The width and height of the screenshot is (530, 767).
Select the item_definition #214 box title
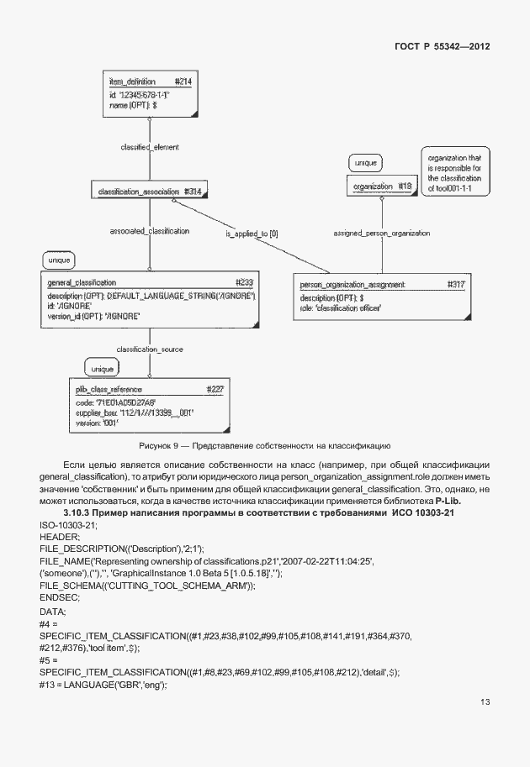pyautogui.click(x=150, y=81)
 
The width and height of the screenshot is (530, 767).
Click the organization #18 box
pyautogui.click(x=381, y=186)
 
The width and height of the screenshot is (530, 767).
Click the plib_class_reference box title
pyautogui.click(x=148, y=390)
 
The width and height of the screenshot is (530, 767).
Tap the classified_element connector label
pyautogui.click(x=150, y=147)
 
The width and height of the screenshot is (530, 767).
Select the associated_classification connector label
pyautogui.click(x=150, y=230)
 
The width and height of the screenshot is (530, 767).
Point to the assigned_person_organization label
pyautogui.click(x=381, y=233)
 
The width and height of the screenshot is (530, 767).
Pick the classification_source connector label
pyautogui.click(x=150, y=349)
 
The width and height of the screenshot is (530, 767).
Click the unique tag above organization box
pyautogui.click(x=365, y=162)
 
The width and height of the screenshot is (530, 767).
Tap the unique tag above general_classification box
pyautogui.click(x=59, y=260)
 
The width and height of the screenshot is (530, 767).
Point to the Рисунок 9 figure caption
pyautogui.click(x=264, y=444)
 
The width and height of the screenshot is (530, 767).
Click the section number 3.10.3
pyautogui.click(x=81, y=513)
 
